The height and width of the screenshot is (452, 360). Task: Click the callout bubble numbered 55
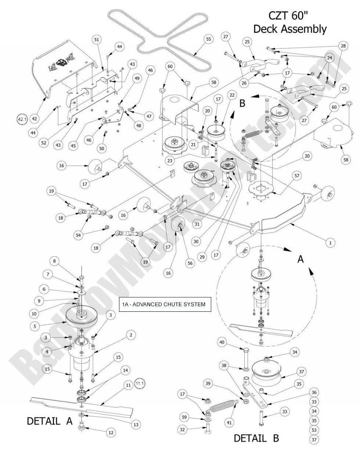coord(208,39)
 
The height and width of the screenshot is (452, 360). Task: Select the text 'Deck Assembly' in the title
coord(290,29)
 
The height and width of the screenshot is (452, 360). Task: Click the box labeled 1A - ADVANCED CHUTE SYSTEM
coord(165,304)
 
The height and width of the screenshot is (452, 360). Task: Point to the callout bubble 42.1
coord(22,119)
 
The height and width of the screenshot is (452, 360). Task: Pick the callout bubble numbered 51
coord(97,40)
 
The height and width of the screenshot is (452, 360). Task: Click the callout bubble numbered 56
coord(190,263)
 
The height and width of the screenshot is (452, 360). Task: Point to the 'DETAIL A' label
coord(50,421)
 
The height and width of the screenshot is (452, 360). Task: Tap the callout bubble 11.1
coord(140,384)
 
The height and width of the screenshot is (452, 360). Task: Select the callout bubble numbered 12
coord(111,433)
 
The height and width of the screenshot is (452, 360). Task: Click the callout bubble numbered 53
coord(314,430)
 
